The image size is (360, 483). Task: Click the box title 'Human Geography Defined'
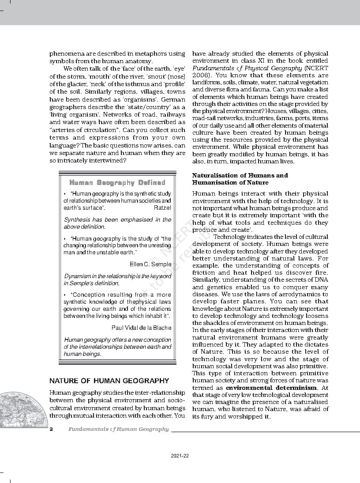coord(117,182)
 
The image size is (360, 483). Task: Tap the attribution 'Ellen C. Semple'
coord(150,264)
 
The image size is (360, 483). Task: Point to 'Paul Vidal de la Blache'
coord(141,328)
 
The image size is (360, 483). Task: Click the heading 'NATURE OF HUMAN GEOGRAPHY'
coord(109,381)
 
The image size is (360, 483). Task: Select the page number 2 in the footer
coord(51,429)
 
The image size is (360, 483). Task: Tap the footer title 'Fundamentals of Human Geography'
coord(118,429)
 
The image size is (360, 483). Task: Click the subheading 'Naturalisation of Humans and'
coord(240,175)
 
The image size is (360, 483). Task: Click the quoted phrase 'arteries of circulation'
coord(86,130)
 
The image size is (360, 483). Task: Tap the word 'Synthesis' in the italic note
coord(78,219)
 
